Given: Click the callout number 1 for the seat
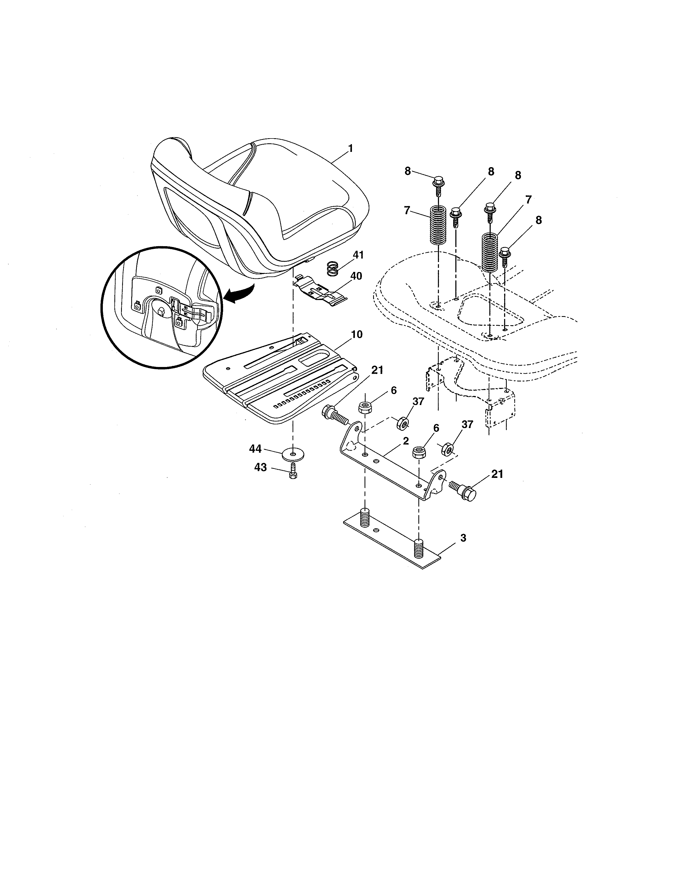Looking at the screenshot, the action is pyautogui.click(x=350, y=149).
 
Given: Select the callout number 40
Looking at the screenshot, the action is pyautogui.click(x=356, y=276).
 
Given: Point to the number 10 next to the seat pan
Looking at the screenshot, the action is pyautogui.click(x=357, y=334).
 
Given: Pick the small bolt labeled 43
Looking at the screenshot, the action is pyautogui.click(x=293, y=471).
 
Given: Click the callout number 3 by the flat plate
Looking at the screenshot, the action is pyautogui.click(x=463, y=538).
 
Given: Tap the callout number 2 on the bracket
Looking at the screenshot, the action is pyautogui.click(x=406, y=441).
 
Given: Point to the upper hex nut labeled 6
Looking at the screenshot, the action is pyautogui.click(x=365, y=407).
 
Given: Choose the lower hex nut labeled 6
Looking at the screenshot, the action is pyautogui.click(x=419, y=452).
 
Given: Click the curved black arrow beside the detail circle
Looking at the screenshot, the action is pyautogui.click(x=239, y=293).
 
